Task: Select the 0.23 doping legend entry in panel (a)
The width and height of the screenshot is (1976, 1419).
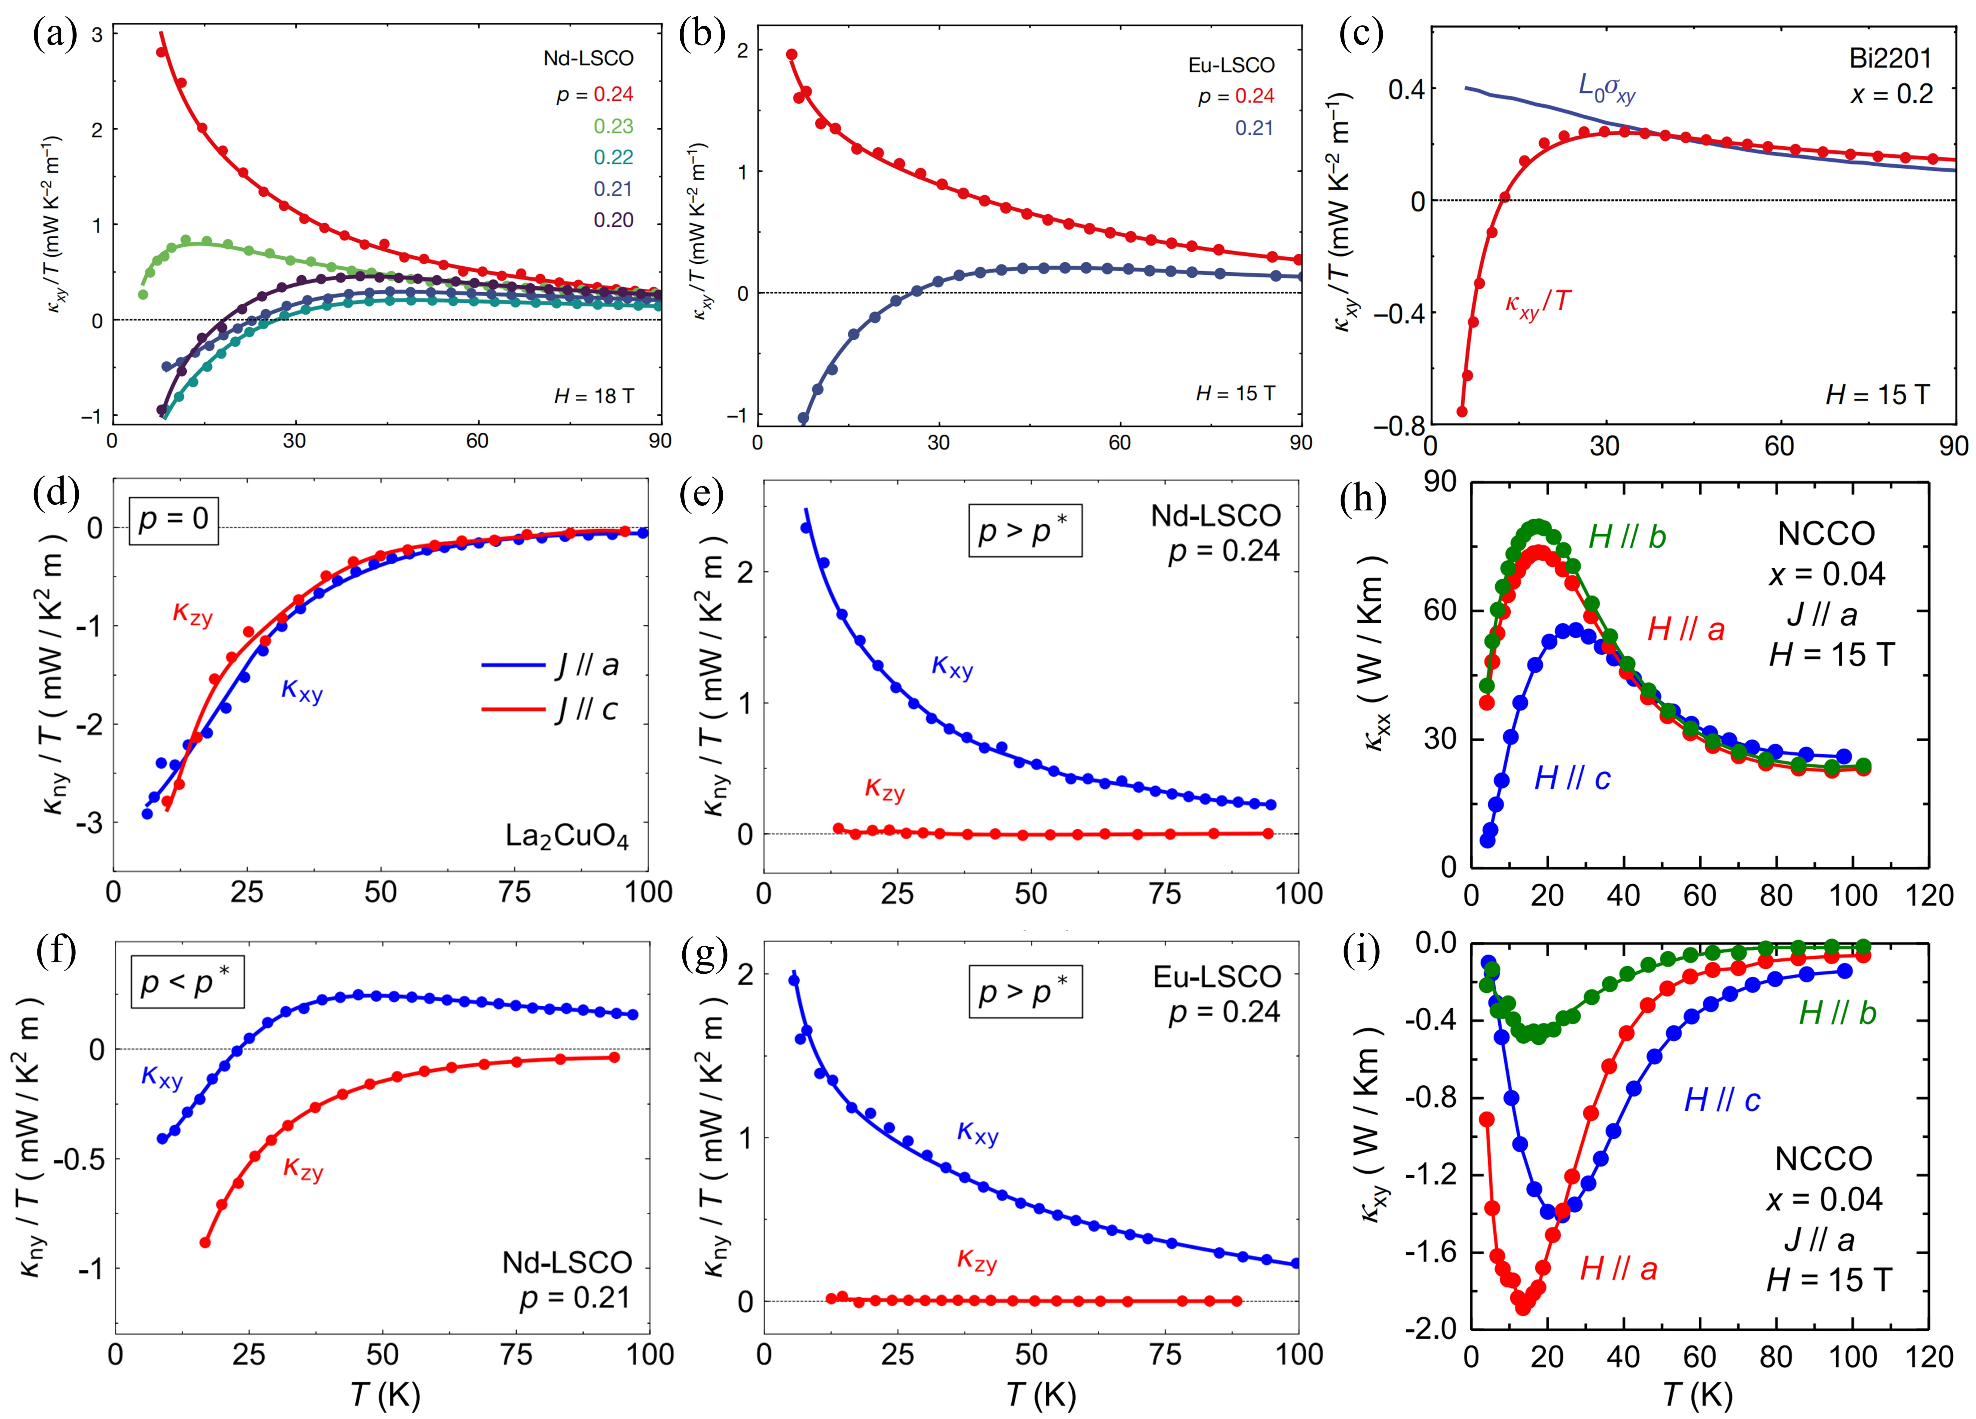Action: pos(613,126)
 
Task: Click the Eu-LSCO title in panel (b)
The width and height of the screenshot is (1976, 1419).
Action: pos(1231,65)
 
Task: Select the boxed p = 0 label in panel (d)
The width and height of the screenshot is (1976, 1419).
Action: pos(173,520)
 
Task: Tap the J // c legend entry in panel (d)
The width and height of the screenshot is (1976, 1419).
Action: pos(586,709)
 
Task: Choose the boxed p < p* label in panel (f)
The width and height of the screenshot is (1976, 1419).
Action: pos(186,982)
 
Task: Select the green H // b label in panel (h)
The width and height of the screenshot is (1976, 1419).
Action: pos(1627,537)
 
